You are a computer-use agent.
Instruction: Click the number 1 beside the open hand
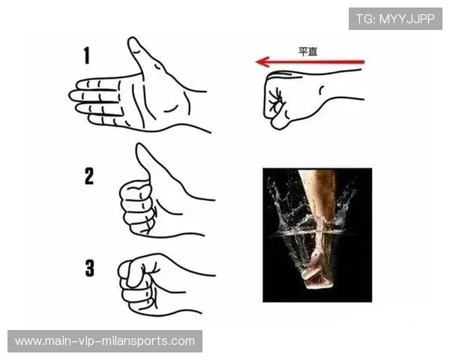(87, 55)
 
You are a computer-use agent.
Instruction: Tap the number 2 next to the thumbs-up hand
(89, 176)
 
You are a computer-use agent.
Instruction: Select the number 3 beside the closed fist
(90, 268)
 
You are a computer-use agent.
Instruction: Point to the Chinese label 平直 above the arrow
(307, 52)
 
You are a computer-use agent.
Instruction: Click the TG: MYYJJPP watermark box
(395, 19)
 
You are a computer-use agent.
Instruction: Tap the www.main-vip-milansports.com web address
(105, 341)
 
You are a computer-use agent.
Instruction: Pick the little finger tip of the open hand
(91, 119)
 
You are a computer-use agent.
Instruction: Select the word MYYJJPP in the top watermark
(407, 19)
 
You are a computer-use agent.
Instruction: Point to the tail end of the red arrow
(363, 61)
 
